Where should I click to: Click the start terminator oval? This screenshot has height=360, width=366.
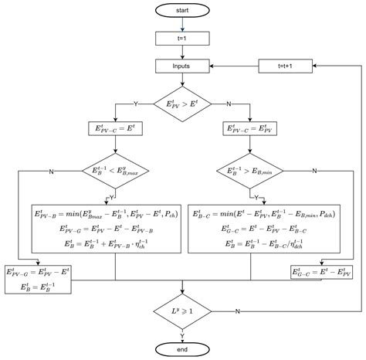pos(183,11)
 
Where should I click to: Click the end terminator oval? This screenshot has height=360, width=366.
pos(183,348)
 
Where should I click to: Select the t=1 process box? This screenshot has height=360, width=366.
pos(183,38)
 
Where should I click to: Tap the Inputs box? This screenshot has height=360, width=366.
pos(183,67)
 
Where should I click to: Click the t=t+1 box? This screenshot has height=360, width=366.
pos(285,67)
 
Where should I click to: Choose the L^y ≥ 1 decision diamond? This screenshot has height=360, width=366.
pos(183,311)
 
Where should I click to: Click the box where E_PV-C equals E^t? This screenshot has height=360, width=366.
pos(115,130)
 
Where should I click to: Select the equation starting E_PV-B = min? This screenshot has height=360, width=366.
pos(115,214)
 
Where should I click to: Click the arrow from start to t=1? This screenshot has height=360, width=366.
pos(183,24)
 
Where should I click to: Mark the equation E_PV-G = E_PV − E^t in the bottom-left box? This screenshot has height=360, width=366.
pos(38,272)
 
